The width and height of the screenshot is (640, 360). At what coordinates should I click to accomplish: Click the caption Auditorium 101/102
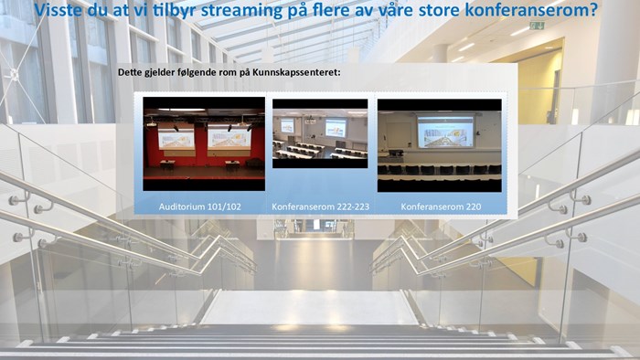200,206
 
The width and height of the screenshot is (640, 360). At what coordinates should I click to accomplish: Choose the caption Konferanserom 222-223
320,206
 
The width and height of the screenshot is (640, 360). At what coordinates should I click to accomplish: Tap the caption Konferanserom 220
441,206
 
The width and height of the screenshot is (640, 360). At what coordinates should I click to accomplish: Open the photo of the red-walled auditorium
203,144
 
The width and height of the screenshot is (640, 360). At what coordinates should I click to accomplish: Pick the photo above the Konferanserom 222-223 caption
320,133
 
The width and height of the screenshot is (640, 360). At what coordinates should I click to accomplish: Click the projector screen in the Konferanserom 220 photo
446,132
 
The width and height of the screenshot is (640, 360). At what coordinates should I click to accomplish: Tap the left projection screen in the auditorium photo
176,139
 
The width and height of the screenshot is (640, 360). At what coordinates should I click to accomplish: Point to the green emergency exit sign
536,26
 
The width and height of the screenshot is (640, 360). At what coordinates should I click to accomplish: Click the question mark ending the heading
593,12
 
